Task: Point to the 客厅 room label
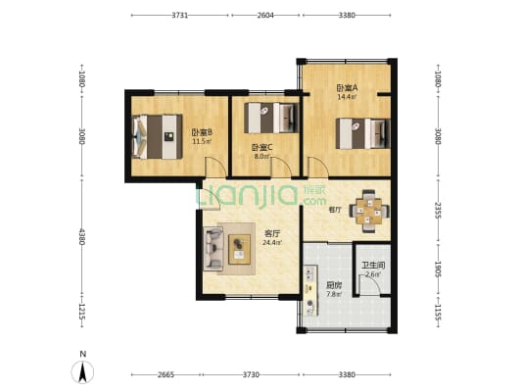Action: click(x=272, y=233)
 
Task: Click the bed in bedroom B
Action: click(x=152, y=136)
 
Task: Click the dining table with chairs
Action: click(x=368, y=209)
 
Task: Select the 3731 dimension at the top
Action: click(x=180, y=16)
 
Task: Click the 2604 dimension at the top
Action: click(x=265, y=16)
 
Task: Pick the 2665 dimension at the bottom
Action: click(x=166, y=373)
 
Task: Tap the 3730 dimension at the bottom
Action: click(x=251, y=373)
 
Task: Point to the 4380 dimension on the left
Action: click(x=82, y=238)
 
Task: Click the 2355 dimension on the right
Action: click(x=438, y=209)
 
